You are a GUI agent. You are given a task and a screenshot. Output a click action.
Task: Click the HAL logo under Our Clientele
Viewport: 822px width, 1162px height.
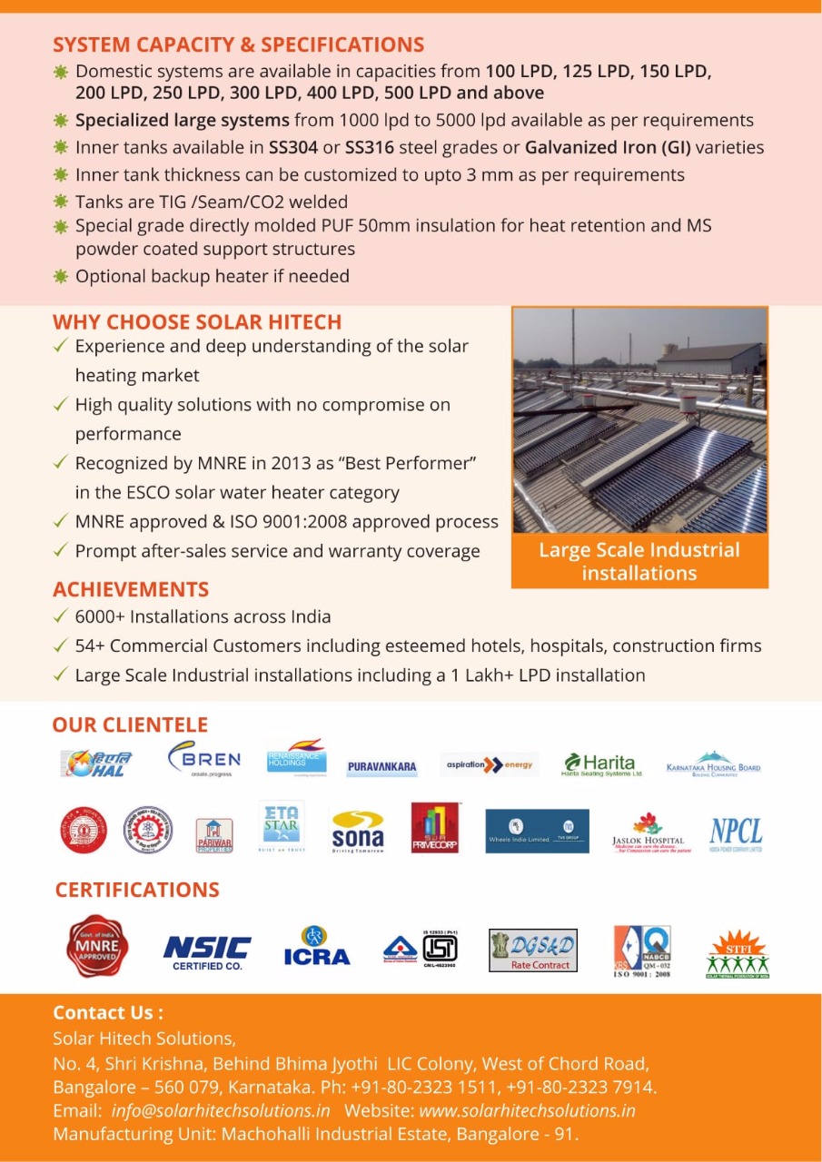coord(96,763)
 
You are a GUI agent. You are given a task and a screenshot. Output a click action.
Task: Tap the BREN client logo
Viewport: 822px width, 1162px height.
coord(204,761)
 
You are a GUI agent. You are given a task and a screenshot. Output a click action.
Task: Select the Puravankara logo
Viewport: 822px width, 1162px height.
coord(381,767)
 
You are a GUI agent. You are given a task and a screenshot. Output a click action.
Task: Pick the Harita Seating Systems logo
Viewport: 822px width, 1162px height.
coord(602,763)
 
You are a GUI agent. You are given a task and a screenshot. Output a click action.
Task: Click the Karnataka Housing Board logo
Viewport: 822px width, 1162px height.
coord(713,764)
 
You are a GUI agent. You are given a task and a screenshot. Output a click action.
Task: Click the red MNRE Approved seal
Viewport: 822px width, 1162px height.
coord(97,947)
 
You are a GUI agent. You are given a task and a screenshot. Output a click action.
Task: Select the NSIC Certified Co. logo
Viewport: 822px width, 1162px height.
coord(207,950)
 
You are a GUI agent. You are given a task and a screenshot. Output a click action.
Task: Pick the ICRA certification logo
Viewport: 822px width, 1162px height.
coord(316,947)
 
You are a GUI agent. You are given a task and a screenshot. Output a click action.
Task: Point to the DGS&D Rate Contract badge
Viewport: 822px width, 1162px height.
coord(532,950)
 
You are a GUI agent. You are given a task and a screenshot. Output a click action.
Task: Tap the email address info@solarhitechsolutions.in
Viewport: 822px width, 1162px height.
coord(221,1110)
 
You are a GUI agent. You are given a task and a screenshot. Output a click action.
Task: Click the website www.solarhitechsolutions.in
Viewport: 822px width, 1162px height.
coord(527,1110)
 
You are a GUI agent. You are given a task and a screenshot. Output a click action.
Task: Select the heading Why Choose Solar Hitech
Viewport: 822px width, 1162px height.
coord(197,322)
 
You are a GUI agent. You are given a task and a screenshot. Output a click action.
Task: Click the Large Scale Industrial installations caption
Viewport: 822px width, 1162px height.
coord(639,561)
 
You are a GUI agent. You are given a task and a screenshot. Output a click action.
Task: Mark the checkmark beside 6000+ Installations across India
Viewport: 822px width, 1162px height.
coord(60,616)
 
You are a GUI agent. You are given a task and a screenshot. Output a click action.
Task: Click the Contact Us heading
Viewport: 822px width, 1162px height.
coord(108,1012)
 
